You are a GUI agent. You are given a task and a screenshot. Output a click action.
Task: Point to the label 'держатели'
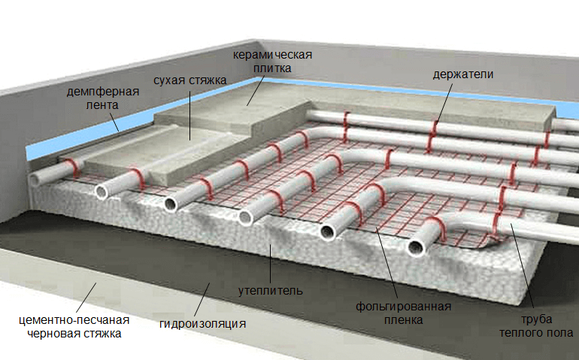[x=463, y=74]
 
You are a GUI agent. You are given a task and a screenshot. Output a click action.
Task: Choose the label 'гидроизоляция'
[x=203, y=325]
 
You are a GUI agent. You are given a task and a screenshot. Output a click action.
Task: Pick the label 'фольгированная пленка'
[x=402, y=313]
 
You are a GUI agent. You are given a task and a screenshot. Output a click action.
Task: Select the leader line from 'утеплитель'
[x=269, y=263]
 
